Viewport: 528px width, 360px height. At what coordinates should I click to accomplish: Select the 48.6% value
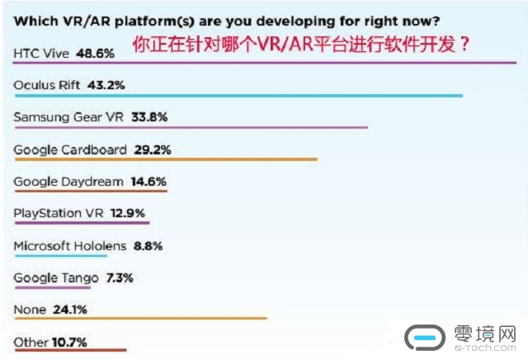click(x=94, y=52)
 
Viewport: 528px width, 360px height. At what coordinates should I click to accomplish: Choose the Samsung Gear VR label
click(x=68, y=117)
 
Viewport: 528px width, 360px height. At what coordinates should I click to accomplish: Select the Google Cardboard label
click(x=70, y=149)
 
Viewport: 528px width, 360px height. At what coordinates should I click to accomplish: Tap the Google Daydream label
click(x=68, y=181)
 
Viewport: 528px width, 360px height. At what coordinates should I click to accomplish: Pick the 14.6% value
click(x=148, y=181)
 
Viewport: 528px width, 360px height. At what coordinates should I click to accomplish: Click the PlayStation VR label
click(x=59, y=213)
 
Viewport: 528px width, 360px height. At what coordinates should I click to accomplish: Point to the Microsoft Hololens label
click(x=70, y=245)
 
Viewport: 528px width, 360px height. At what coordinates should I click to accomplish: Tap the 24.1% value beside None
click(x=69, y=310)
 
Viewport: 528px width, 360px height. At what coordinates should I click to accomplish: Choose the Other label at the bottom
click(x=30, y=341)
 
